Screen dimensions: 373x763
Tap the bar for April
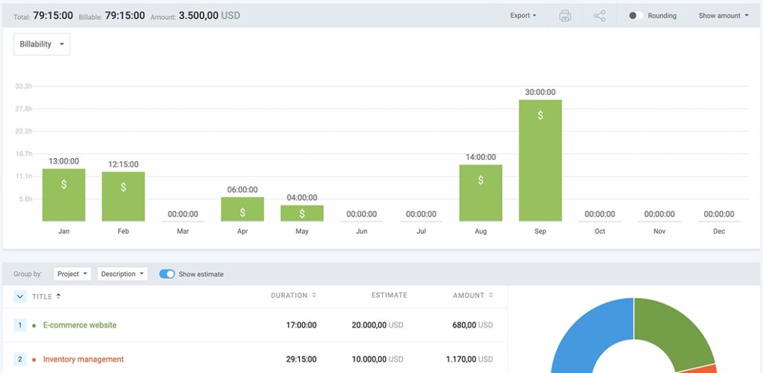click(x=243, y=209)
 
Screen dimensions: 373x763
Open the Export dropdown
click(x=523, y=16)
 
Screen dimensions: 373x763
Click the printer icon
click(x=565, y=16)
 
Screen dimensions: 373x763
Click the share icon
click(x=599, y=16)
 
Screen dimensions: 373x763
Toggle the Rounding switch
click(x=636, y=16)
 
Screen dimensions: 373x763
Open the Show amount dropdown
click(x=723, y=16)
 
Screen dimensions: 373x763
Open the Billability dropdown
click(x=42, y=45)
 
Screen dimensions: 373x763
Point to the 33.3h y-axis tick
click(x=23, y=87)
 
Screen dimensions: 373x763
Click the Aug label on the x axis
click(x=480, y=231)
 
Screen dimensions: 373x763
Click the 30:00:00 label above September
click(x=540, y=92)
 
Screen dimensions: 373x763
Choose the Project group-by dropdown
click(x=72, y=274)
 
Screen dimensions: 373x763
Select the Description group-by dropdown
click(x=122, y=274)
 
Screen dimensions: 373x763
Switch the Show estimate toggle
click(x=167, y=274)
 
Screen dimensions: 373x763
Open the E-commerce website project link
click(x=80, y=325)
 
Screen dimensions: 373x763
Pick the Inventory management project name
click(x=83, y=359)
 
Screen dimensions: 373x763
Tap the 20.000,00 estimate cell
click(x=371, y=325)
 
